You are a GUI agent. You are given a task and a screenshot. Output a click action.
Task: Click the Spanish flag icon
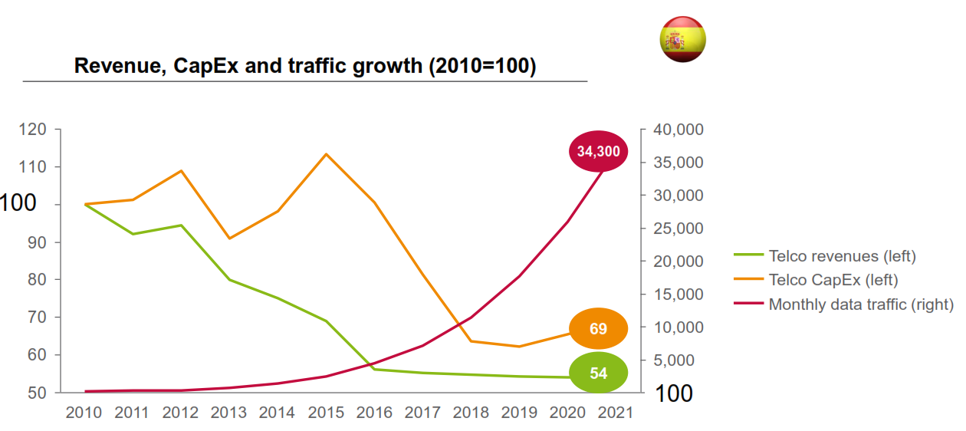tap(682, 39)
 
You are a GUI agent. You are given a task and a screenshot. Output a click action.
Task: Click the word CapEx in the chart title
tap(209, 66)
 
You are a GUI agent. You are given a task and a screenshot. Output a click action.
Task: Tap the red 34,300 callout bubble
tap(598, 151)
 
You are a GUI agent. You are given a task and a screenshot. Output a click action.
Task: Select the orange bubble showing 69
tap(598, 329)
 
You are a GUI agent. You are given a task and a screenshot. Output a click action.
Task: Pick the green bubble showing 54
tap(598, 373)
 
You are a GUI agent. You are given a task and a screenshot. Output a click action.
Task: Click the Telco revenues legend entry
tap(842, 256)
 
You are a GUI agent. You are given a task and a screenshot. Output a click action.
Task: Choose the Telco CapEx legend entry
tap(833, 280)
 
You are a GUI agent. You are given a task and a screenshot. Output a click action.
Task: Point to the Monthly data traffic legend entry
tap(860, 304)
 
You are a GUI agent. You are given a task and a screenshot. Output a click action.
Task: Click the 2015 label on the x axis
tap(326, 413)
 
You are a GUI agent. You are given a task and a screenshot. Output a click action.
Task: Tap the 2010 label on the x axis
tap(84, 413)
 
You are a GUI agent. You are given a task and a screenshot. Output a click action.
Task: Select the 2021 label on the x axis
tap(616, 413)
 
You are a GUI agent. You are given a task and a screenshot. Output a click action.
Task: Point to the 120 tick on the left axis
tap(32, 130)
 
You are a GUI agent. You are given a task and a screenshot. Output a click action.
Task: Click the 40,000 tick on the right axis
tap(678, 130)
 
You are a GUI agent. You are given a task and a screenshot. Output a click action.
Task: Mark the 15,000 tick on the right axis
tap(678, 294)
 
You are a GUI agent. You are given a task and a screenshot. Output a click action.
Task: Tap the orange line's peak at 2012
tap(181, 170)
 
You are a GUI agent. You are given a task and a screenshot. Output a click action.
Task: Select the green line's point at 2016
tap(374, 369)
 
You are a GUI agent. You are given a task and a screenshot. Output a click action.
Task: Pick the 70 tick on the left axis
tap(36, 317)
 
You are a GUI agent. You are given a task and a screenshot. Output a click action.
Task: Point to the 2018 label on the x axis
tap(471, 413)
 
